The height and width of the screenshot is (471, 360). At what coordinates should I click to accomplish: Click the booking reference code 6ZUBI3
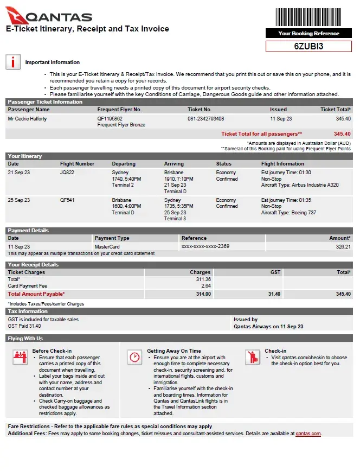coord(308,46)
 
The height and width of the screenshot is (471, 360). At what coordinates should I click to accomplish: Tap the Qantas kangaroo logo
coord(15,15)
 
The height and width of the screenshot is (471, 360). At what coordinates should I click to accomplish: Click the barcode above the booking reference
coord(308,16)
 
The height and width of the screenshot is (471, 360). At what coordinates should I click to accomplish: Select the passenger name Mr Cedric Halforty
coord(28,118)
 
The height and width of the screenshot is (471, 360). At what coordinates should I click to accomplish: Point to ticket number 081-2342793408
coord(206,118)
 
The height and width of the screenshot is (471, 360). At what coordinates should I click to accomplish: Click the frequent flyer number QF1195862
coord(110,118)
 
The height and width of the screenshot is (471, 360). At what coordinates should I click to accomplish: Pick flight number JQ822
coord(67,173)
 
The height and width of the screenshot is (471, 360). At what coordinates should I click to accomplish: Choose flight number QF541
coord(67,200)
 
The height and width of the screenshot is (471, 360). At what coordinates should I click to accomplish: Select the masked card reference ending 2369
coord(205,246)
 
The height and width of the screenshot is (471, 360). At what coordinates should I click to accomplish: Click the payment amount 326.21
coord(343,246)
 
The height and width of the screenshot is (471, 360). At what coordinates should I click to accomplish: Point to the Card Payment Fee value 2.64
coord(205,286)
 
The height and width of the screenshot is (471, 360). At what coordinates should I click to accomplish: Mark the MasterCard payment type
coord(107,246)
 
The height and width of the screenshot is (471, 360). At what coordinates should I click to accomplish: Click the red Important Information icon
coord(13,62)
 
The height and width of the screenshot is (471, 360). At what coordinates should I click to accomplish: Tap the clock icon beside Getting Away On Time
coord(134,357)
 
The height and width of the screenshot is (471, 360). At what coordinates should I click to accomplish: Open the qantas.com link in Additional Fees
coord(308,434)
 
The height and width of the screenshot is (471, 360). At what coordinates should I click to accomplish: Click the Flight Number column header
coord(78,164)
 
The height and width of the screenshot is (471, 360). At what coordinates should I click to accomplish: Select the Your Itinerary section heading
coord(25,156)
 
